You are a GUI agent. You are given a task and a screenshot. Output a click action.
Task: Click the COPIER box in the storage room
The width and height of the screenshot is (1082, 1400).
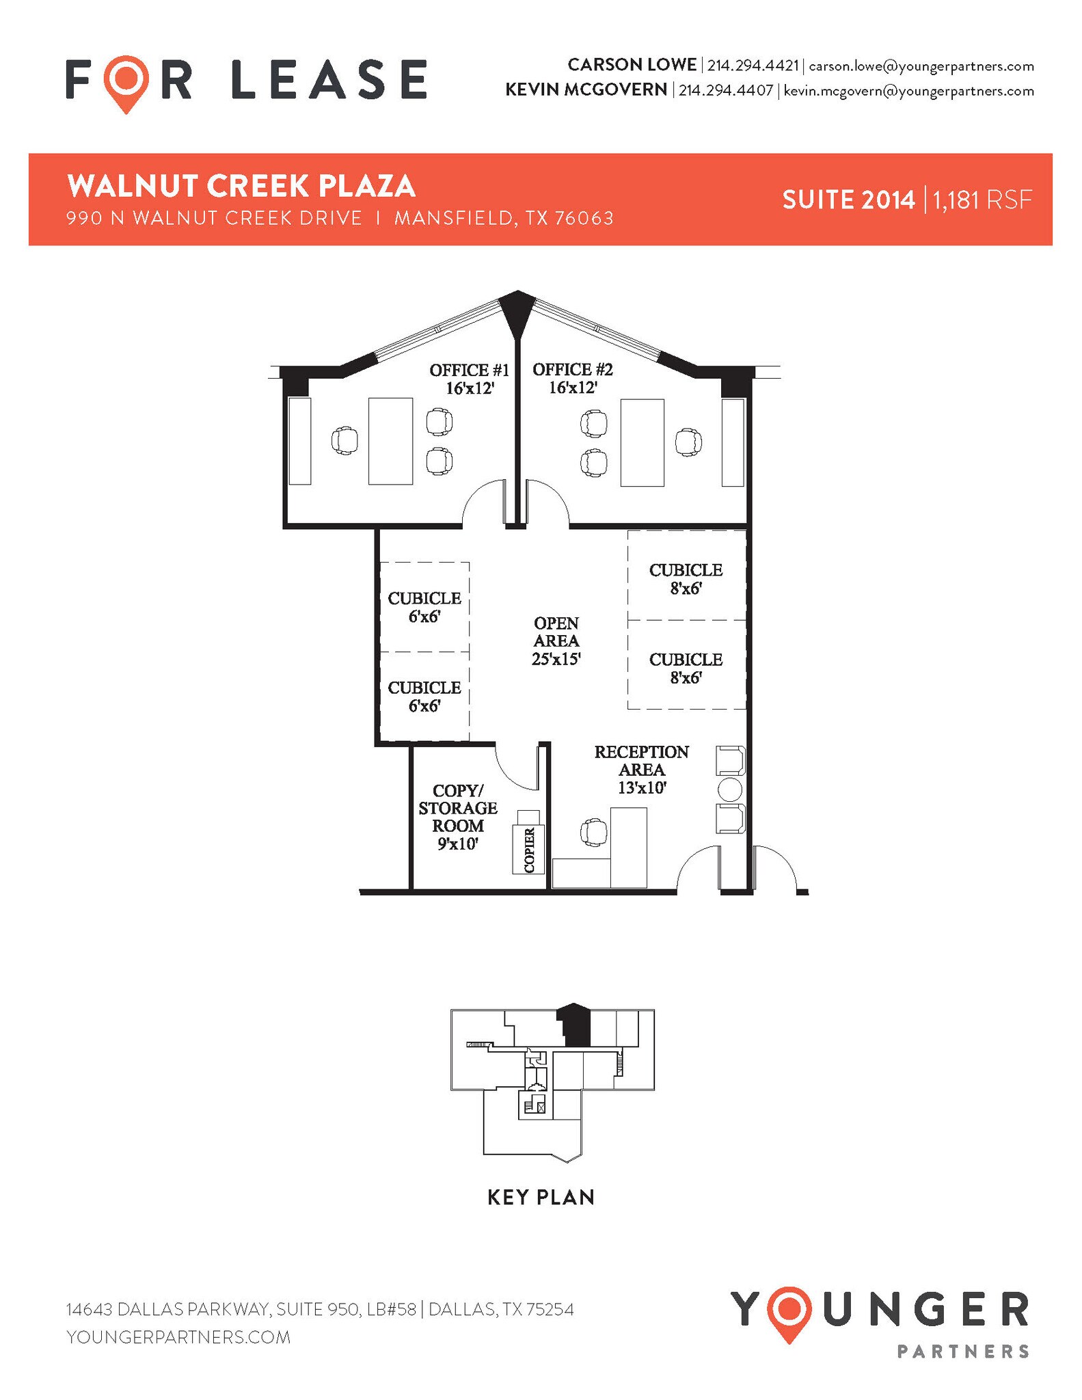tap(528, 850)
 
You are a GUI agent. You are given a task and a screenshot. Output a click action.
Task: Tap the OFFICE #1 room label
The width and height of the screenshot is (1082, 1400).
tap(470, 379)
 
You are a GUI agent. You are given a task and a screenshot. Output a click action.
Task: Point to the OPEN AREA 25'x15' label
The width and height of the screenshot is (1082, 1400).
tap(556, 641)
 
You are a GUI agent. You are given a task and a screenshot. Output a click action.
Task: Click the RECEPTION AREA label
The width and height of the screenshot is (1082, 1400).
tap(641, 769)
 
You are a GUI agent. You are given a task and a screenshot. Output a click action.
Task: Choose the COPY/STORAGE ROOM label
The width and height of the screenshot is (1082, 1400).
tap(458, 817)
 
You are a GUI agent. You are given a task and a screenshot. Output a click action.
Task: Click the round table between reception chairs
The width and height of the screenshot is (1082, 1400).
tap(730, 790)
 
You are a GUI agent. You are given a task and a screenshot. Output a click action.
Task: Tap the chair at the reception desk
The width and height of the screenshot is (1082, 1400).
tap(593, 833)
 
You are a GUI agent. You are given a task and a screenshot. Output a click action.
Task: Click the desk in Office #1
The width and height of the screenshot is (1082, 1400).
tap(390, 441)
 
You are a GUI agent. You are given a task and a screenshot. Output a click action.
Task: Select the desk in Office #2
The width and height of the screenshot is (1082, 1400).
tap(642, 442)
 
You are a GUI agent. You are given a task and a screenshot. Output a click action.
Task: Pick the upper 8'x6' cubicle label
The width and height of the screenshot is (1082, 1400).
tap(686, 579)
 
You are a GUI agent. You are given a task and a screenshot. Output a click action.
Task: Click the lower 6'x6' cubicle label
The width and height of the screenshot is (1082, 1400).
tap(424, 697)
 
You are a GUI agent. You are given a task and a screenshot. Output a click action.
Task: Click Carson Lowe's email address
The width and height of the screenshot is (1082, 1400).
tap(921, 66)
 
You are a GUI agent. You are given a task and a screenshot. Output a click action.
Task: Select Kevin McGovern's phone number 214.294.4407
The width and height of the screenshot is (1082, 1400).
tap(725, 90)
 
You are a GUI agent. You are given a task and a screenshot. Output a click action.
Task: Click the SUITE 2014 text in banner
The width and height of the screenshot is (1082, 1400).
tap(848, 200)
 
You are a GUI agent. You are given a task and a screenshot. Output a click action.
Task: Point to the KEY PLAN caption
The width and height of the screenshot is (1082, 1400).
tap(541, 1197)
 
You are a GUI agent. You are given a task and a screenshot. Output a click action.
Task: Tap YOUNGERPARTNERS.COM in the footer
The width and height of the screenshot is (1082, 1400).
tap(178, 1336)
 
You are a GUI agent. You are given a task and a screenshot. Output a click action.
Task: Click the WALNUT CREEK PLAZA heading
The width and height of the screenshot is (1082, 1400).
tap(241, 186)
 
